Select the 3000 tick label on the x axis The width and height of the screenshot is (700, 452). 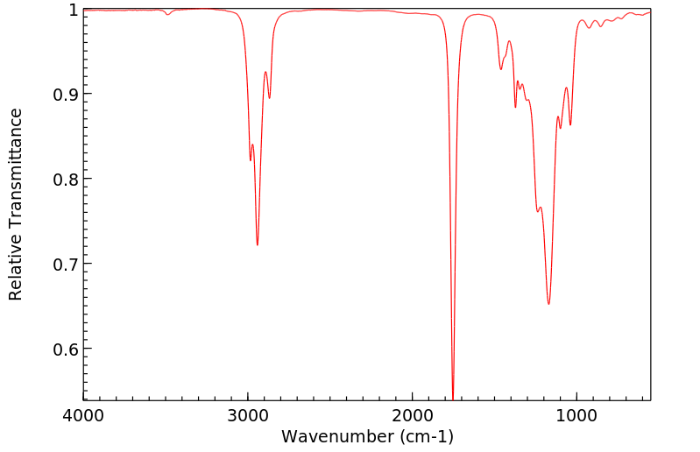(x=248, y=414)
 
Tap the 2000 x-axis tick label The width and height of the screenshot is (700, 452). (x=413, y=414)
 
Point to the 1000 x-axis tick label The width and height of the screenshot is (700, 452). (x=576, y=414)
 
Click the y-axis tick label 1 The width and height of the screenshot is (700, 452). (x=72, y=10)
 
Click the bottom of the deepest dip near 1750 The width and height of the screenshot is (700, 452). (x=453, y=397)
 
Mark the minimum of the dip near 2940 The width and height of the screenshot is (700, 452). (x=258, y=244)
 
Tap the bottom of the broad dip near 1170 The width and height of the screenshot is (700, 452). (x=549, y=304)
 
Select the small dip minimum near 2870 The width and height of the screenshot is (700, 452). (x=269, y=97)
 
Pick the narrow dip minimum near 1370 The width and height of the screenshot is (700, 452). (x=515, y=107)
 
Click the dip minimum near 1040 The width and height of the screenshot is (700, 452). (x=570, y=124)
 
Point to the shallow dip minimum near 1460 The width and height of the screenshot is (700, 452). (x=501, y=69)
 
